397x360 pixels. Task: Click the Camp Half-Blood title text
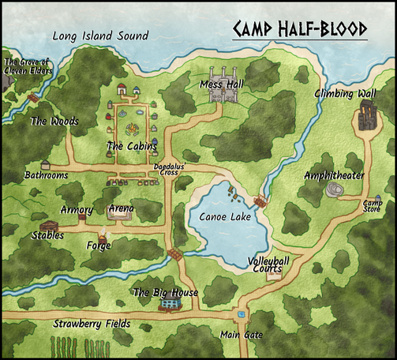tap(300, 29)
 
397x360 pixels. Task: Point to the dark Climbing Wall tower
tap(365, 118)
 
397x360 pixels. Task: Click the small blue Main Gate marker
tap(242, 313)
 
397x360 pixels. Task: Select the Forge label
tap(99, 246)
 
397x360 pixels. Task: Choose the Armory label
tap(77, 210)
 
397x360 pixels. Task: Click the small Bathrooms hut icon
tap(45, 166)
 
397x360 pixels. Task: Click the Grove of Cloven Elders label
tap(27, 67)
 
